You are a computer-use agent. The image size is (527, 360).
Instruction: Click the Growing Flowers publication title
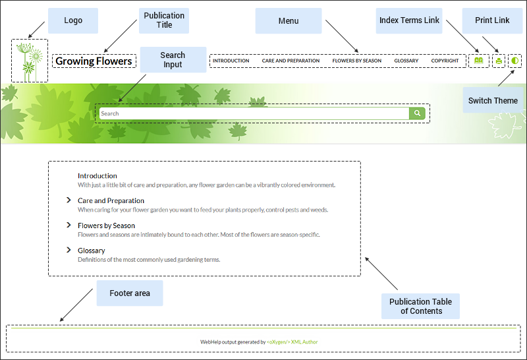[x=94, y=61]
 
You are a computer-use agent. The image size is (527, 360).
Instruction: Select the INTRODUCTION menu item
[x=231, y=61]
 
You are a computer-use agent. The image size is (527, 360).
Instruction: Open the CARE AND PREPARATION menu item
[x=291, y=61]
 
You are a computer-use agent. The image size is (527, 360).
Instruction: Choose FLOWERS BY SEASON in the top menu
[x=356, y=61]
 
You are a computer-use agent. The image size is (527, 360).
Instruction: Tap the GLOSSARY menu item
[x=406, y=61]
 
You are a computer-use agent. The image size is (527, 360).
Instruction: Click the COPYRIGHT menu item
[x=445, y=61]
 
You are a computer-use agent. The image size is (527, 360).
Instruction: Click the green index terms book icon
[x=478, y=61]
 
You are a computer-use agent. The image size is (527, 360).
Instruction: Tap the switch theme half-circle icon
[x=514, y=61]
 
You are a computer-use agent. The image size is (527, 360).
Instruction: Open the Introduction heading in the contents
[x=97, y=176]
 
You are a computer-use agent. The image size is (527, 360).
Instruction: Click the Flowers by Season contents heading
[x=106, y=225]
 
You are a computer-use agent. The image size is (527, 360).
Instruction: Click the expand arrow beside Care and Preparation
[x=69, y=200]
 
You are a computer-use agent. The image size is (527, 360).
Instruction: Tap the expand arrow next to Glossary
[x=69, y=250]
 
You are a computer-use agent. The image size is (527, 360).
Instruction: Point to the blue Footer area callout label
[x=129, y=293]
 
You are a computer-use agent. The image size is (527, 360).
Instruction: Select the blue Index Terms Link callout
[x=409, y=20]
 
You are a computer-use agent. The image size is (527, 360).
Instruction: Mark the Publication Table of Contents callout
[x=420, y=306]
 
